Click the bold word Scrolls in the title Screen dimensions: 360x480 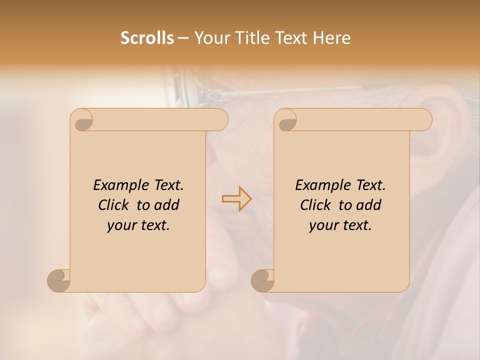tap(147, 38)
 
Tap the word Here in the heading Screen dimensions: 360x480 tap(332, 38)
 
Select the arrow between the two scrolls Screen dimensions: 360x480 tap(236, 198)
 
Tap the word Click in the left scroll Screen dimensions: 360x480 tap(115, 205)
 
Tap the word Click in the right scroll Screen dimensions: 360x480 tap(317, 205)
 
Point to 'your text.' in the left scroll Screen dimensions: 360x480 tap(138, 225)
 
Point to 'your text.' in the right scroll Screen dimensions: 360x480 tap(340, 225)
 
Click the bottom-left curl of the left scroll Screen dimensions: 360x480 tap(59, 280)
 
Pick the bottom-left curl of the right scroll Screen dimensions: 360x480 tap(263, 280)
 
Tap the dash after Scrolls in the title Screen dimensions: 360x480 tap(183, 38)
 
